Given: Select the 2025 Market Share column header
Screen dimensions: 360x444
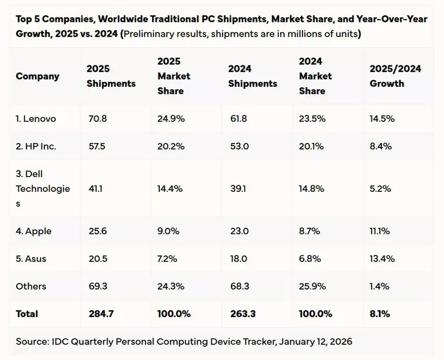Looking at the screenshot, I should [173, 76].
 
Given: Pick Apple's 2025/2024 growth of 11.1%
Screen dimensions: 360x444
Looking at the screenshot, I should [380, 231].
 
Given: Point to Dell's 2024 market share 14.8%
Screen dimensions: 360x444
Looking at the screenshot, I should [312, 189].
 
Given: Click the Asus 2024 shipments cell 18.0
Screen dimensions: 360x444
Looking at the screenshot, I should [238, 259].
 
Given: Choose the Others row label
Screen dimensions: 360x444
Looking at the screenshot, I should [31, 286].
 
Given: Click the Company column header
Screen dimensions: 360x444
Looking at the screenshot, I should [37, 76].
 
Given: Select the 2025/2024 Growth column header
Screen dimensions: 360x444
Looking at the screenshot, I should [395, 76].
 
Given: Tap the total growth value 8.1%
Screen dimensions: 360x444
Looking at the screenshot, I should [379, 314].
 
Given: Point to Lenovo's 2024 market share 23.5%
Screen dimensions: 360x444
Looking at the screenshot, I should [312, 119].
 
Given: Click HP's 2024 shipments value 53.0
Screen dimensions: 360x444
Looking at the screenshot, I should [238, 146].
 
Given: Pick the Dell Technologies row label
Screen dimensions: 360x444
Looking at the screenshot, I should [43, 189].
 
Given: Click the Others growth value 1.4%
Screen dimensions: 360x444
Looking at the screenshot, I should [379, 286].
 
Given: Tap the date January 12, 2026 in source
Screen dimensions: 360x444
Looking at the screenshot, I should [316, 342].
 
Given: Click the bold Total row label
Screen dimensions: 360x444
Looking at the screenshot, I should [27, 314].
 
